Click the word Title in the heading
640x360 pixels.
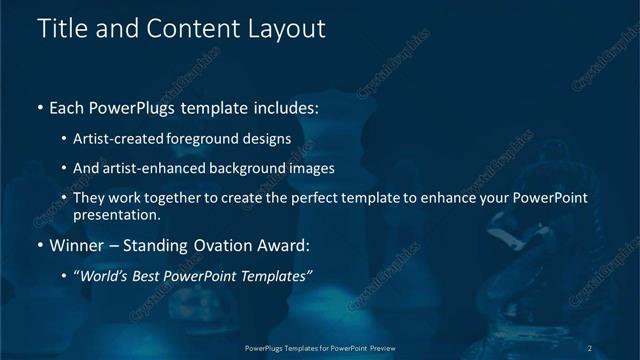(x=60, y=29)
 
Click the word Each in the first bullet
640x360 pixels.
(x=68, y=108)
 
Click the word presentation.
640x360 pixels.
(x=116, y=215)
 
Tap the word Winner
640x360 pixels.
(x=76, y=245)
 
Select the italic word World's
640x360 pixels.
(x=104, y=275)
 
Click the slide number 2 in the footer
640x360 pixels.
(x=590, y=347)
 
